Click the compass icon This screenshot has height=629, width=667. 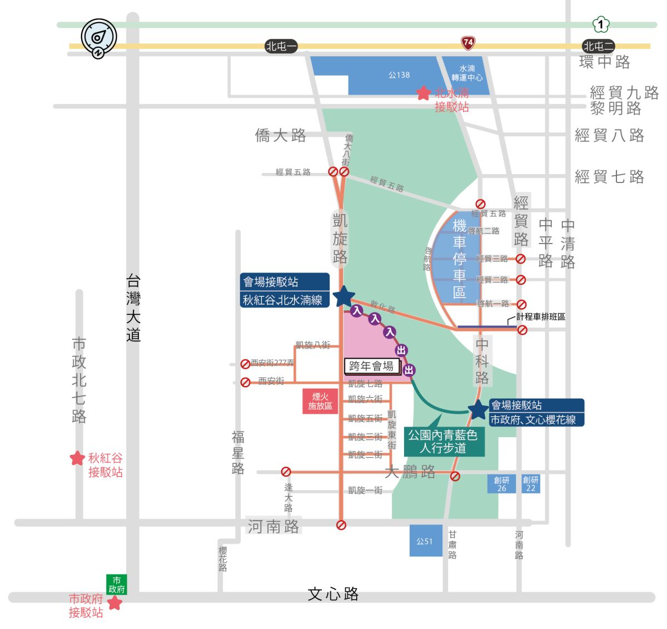pos(99,38)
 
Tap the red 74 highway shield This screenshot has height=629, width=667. pos(468,42)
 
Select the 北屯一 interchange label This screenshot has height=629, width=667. pos(281,47)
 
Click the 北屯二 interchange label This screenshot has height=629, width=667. pos(598,47)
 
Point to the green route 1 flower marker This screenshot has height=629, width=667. pos(601,24)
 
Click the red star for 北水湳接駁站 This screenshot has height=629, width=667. pos(424,93)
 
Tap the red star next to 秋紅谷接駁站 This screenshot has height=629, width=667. pos(77,458)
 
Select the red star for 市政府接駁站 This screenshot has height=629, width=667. pos(115,602)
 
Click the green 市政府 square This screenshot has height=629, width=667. pos(117,585)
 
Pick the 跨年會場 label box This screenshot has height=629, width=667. pos(372,366)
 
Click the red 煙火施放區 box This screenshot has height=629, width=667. pos(320,401)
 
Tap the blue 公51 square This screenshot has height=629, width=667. pos(425,541)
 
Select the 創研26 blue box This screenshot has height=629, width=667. pos(501,484)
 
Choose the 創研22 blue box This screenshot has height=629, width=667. pos(530,484)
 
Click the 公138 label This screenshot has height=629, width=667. pos(399,75)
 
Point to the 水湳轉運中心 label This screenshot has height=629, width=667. pos(467,73)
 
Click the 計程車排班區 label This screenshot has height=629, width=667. pos(540,316)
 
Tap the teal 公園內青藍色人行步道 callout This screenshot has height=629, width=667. pos(443,442)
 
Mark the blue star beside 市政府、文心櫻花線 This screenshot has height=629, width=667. pos(478,410)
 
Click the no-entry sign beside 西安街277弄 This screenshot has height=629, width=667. pos(245,364)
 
